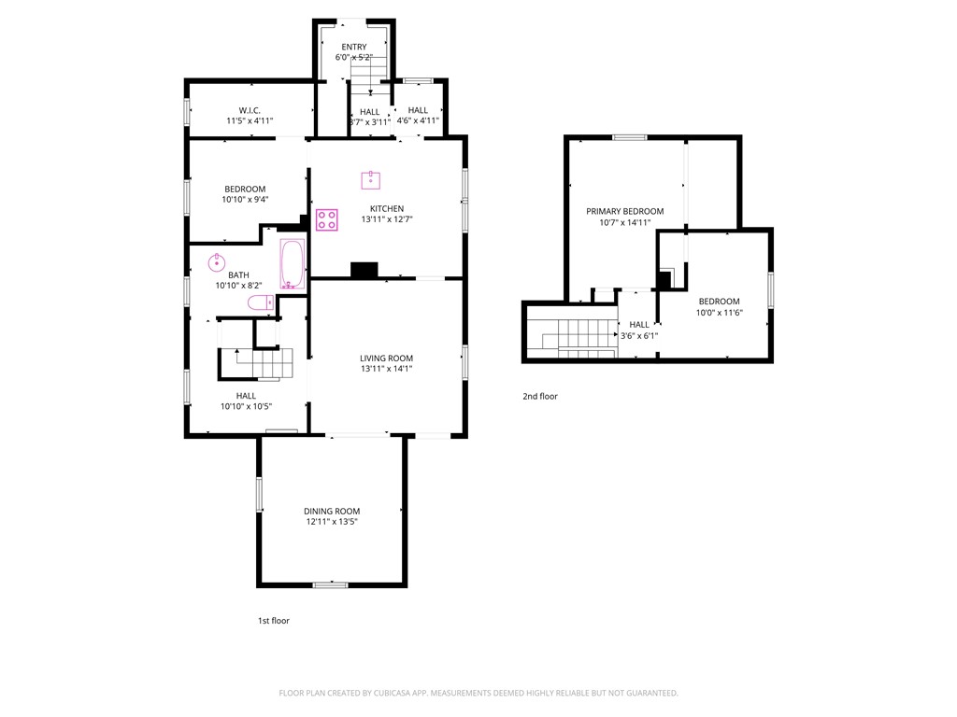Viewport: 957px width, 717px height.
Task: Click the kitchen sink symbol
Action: tap(370, 180)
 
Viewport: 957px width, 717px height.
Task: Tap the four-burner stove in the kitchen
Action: tap(327, 220)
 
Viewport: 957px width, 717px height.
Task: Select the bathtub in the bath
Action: tap(293, 264)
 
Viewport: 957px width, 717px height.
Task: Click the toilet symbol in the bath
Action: tap(261, 302)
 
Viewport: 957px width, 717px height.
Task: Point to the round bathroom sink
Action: tap(217, 262)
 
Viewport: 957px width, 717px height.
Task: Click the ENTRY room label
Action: tap(354, 47)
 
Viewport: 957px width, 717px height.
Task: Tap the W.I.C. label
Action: tap(250, 110)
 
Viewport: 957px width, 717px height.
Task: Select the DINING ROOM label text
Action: tap(332, 511)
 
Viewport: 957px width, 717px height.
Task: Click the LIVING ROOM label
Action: tap(386, 358)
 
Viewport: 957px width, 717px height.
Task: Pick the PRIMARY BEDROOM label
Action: tap(625, 211)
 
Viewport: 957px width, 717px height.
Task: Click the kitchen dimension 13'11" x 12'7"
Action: tap(387, 218)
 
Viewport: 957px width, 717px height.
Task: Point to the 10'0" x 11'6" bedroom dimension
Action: tap(720, 312)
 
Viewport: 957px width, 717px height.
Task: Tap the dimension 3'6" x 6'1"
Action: tap(639, 335)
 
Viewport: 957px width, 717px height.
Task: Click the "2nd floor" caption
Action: tap(540, 396)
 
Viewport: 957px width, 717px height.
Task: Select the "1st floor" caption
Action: tap(274, 621)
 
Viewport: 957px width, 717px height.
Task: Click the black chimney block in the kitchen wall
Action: tap(364, 270)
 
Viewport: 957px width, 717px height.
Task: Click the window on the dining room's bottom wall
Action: tap(330, 585)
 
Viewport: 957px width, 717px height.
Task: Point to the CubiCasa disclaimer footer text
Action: tap(478, 693)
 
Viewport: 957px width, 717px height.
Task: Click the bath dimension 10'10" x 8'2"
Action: tap(238, 286)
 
